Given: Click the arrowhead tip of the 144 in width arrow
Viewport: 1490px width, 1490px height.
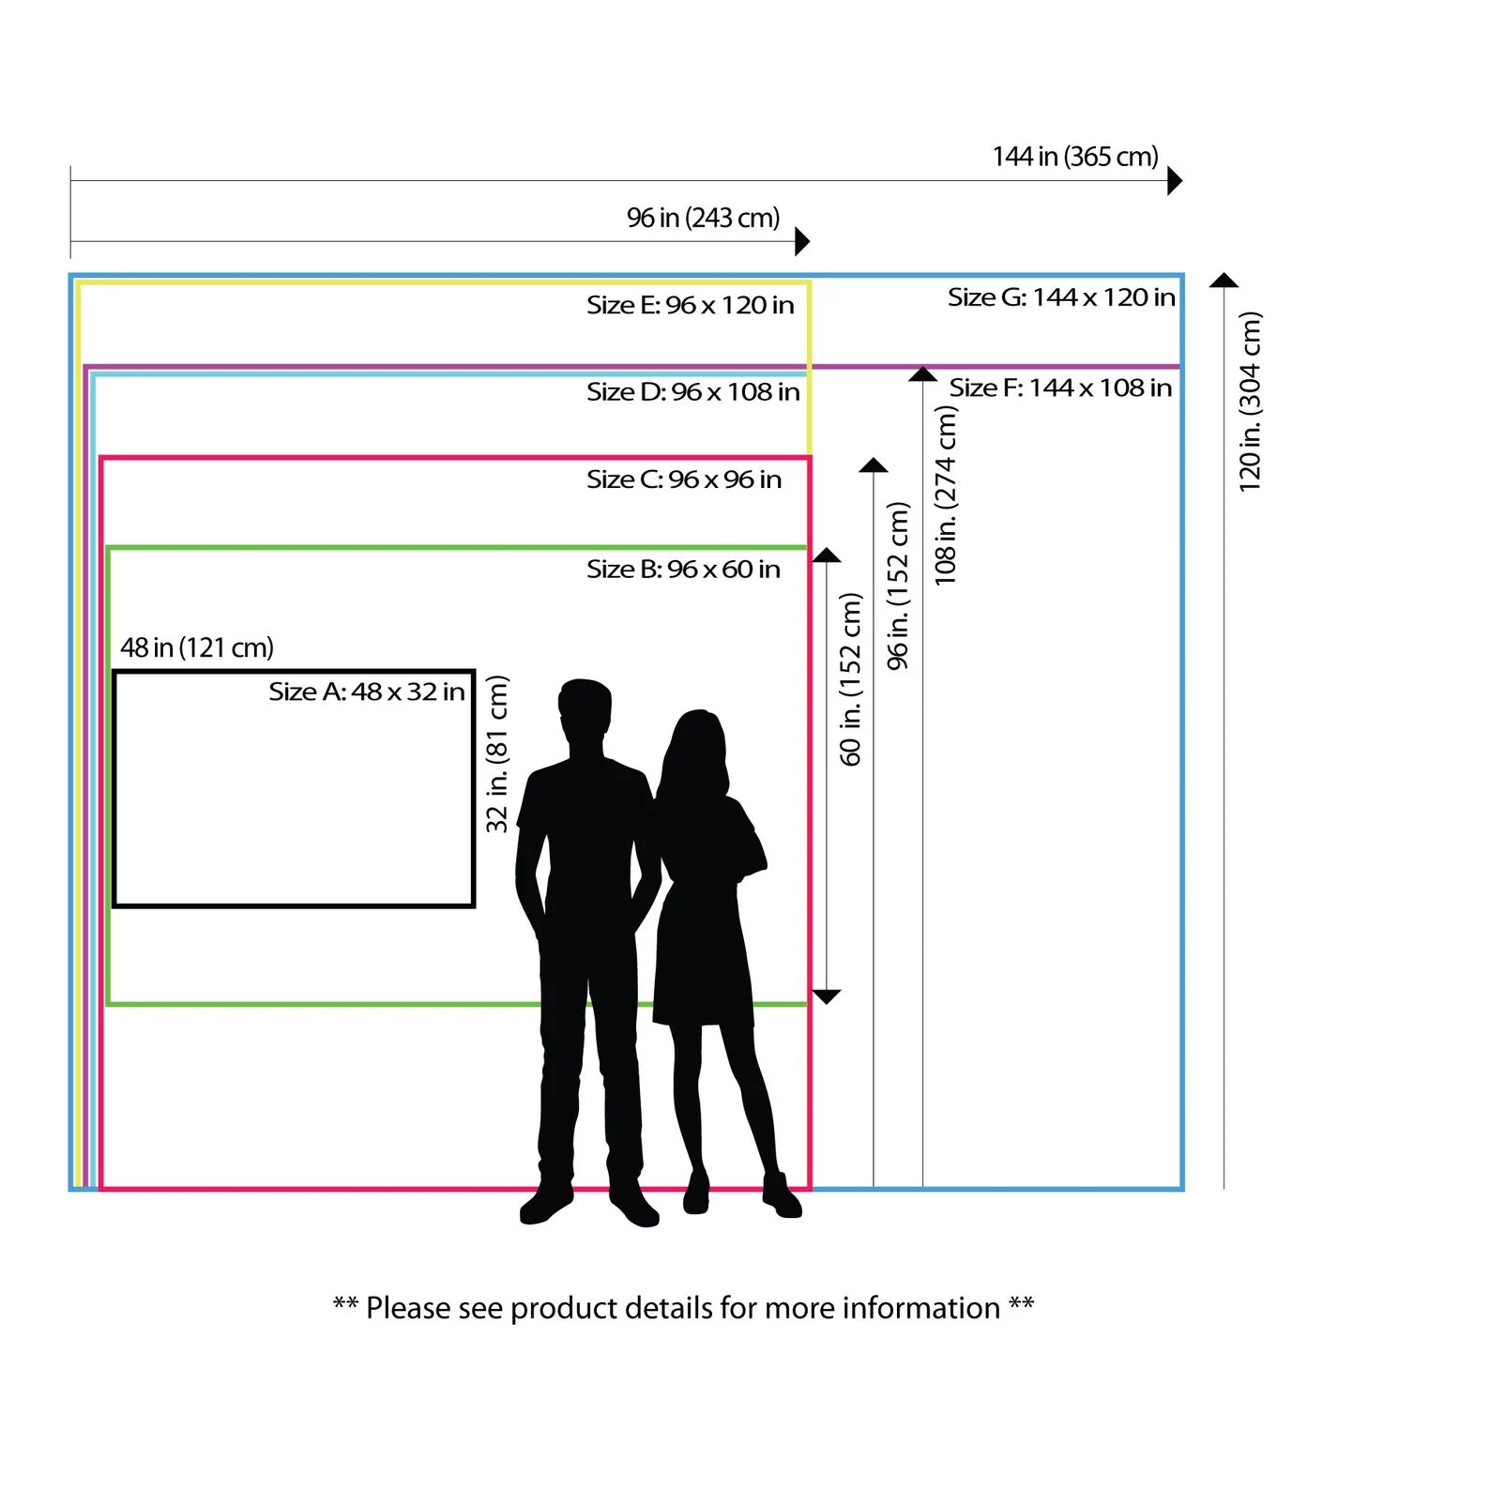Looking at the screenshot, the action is point(1182,181).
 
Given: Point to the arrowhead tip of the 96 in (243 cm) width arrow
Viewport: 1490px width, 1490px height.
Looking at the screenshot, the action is point(810,242).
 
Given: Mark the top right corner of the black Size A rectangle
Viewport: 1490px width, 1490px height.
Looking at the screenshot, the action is point(474,672).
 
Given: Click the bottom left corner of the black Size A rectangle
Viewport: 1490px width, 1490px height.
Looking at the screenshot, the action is point(114,905).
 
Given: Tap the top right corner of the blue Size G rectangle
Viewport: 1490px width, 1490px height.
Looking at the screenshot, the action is point(1182,276).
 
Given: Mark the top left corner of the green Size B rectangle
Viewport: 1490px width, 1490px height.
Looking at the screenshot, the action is point(109,548).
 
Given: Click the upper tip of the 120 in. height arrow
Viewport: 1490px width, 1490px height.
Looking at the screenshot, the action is point(1224,274).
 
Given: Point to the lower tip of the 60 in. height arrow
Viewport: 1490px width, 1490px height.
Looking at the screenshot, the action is point(826,1003).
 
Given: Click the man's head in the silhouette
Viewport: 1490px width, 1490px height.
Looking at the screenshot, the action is point(584,709).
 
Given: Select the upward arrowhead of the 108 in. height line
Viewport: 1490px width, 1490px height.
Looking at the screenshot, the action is point(922,374).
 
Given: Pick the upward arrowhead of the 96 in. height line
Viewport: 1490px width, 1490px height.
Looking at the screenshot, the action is point(874,465).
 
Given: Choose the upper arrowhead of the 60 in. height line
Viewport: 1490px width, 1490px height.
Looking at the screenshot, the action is point(826,555).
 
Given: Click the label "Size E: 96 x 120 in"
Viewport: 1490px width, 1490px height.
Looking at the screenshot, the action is point(690,305).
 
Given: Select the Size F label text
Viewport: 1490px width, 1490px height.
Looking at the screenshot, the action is point(1060,388).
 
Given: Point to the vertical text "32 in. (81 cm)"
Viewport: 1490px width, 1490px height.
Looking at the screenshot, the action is point(496,753).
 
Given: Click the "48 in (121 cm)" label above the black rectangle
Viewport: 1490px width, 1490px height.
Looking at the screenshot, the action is point(197,647).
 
